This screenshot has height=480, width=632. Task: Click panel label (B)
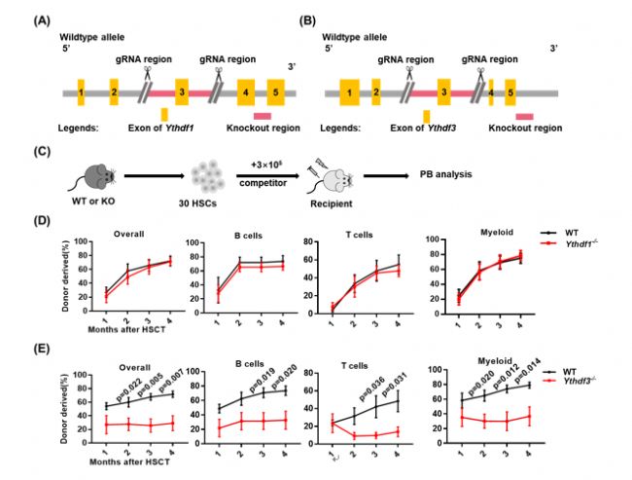pos(334,19)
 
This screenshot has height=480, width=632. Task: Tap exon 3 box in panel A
pos(182,92)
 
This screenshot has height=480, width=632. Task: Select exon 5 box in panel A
pos(277,92)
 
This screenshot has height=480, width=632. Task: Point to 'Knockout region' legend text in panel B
pos(525,128)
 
